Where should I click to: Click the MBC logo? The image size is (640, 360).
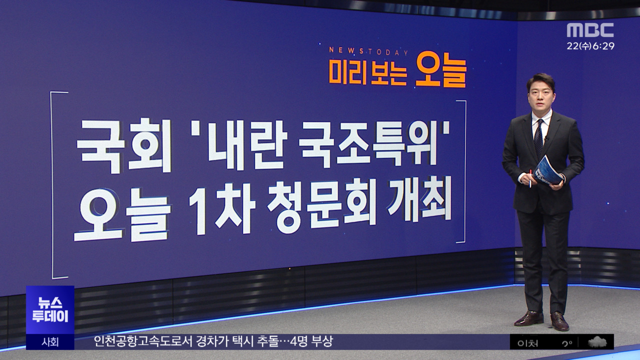590,30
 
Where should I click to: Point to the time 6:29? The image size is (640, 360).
604,46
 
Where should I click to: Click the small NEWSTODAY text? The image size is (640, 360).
368,51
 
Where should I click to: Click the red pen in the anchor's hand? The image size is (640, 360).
530,178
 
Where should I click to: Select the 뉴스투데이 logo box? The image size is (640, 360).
50,310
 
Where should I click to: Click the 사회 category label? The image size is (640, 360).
50,342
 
